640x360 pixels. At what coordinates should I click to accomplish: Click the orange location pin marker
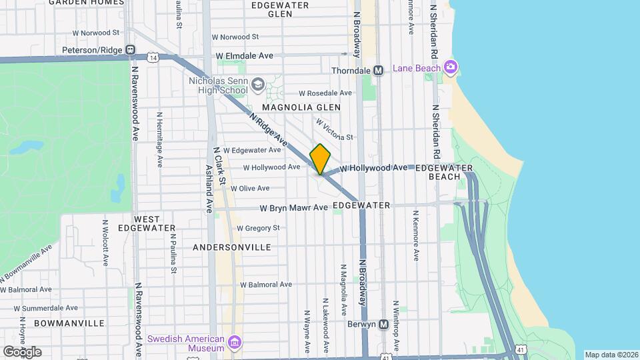[x=321, y=159]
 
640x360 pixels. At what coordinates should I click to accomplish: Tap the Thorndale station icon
[x=378, y=70]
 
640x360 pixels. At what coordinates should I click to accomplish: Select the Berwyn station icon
[x=383, y=325]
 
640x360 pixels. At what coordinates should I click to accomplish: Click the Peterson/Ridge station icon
[x=131, y=49]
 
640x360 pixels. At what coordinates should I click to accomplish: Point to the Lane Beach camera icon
[x=451, y=67]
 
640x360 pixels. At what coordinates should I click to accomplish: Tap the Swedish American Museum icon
[x=234, y=343]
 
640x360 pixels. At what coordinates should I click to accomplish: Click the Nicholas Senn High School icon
[x=257, y=85]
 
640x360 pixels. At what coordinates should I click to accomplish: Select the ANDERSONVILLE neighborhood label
[x=231, y=247]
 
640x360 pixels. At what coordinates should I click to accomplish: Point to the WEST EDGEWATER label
[x=137, y=223]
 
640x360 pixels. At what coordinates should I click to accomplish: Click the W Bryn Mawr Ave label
[x=294, y=207]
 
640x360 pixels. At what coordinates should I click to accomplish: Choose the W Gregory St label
[x=258, y=228]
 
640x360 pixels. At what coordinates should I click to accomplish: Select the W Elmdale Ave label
[x=244, y=55]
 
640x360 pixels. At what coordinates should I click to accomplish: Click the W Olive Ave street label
[x=250, y=188]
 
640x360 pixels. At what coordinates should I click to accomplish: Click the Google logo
[x=22, y=351]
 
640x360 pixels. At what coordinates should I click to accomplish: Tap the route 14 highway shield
[x=154, y=59]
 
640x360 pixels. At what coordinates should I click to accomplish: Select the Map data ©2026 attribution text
[x=611, y=355]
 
